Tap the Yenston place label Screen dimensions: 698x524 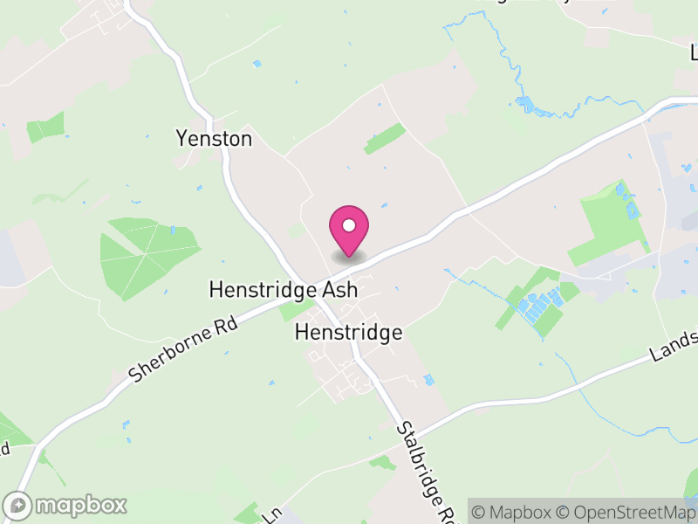click(x=214, y=139)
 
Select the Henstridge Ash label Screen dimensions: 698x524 click(x=284, y=289)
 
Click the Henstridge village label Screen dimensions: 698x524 click(x=348, y=332)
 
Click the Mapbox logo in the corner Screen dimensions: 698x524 click(x=66, y=505)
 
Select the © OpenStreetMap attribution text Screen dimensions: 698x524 click(x=625, y=511)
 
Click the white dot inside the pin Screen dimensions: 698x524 click(x=349, y=225)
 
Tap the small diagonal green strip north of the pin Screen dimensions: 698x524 click(x=385, y=138)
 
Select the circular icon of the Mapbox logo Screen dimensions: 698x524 click(x=17, y=505)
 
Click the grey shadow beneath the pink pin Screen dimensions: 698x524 click(x=349, y=258)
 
